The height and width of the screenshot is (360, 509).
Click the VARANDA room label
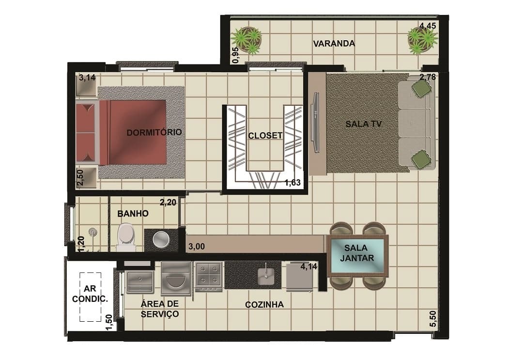point(334,44)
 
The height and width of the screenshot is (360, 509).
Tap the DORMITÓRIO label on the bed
point(154,132)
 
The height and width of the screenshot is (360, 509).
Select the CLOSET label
point(265,136)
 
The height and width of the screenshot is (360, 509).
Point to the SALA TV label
point(364,124)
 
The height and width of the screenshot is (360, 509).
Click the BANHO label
point(133,214)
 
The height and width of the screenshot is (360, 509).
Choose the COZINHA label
point(264,304)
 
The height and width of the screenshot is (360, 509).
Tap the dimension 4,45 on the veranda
point(428,26)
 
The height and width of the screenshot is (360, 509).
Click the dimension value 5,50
point(433,319)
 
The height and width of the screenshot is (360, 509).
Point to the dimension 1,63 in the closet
point(293,183)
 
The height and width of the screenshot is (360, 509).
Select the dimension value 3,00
point(197,247)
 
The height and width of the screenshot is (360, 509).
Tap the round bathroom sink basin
point(161,239)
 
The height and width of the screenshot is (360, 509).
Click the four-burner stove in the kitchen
point(208,277)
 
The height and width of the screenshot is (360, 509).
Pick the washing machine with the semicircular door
point(176,279)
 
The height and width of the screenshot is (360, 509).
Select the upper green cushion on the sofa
point(421,87)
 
